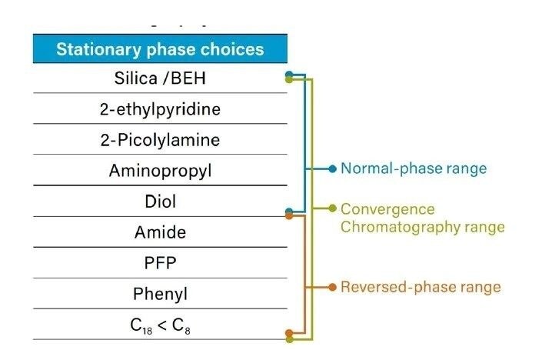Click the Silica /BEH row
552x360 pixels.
160,78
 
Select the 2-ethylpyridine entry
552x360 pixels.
160,109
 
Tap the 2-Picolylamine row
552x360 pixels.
160,140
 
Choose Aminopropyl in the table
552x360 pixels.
160,171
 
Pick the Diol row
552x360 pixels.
160,202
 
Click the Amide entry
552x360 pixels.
160,232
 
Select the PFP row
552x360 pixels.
160,263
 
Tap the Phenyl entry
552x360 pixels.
160,294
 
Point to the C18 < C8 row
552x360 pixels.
160,325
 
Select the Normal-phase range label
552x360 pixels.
414,168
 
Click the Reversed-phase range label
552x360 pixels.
421,287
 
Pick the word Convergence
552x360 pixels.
387,209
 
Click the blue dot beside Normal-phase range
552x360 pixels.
332,168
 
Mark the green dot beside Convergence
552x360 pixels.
332,208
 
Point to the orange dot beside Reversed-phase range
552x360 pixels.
332,287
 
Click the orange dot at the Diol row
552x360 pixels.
289,216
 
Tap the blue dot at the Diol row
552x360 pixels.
289,211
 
